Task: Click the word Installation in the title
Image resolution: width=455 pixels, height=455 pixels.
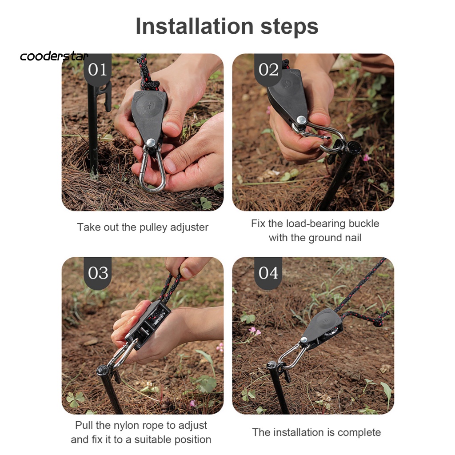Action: (195, 26)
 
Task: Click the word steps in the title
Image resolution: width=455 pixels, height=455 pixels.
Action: (289, 28)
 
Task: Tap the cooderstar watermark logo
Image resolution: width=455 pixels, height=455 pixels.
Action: (54, 56)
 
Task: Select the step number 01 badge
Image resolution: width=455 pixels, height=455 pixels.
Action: (97, 69)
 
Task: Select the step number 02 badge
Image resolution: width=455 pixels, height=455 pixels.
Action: (268, 69)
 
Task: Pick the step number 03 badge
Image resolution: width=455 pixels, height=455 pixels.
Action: (98, 273)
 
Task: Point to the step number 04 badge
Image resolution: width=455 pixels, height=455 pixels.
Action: (268, 273)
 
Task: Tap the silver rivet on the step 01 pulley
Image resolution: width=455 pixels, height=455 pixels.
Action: (151, 143)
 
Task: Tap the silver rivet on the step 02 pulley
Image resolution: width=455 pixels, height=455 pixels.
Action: (301, 120)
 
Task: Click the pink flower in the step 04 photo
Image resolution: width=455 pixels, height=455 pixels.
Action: (254, 331)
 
